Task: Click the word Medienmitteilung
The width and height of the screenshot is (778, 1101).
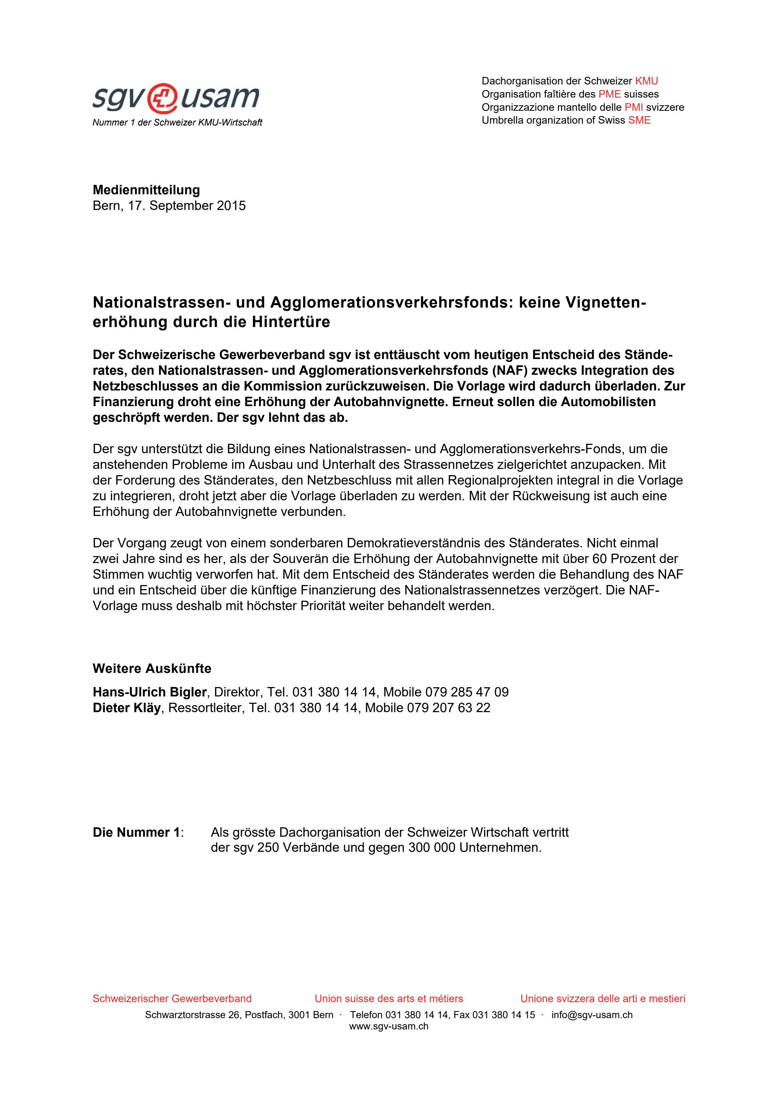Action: [x=146, y=190]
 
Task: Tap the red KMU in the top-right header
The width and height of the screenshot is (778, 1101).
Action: [x=646, y=81]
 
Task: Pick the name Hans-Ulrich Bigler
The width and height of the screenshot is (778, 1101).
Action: [x=150, y=692]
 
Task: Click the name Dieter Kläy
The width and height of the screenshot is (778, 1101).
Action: [x=126, y=708]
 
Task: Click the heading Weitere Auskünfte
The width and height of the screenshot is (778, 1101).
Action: [x=152, y=669]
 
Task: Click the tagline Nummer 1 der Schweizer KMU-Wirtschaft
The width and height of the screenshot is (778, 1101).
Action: [x=177, y=123]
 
